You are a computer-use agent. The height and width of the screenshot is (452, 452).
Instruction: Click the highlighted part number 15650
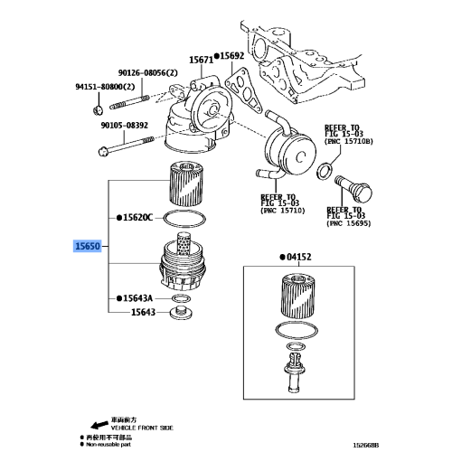pos(89,246)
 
